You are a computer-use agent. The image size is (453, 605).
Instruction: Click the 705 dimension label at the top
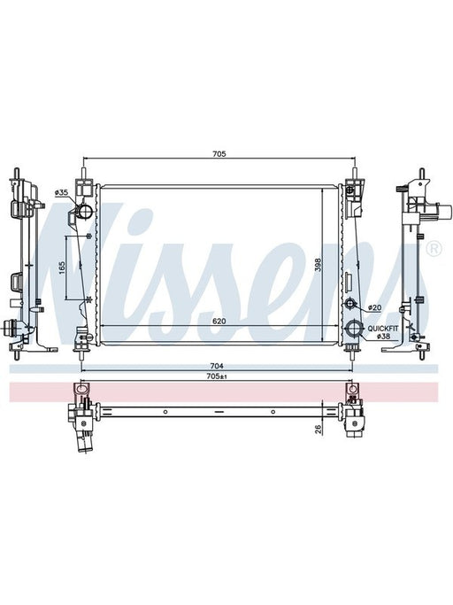[x=219, y=154]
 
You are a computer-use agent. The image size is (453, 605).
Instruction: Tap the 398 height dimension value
[x=318, y=265]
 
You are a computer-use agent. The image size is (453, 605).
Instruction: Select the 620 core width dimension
[x=219, y=321]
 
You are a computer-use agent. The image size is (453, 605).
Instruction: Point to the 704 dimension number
[x=217, y=366]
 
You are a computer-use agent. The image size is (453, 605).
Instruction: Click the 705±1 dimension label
[x=216, y=376]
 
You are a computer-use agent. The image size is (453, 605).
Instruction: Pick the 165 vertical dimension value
[x=62, y=268]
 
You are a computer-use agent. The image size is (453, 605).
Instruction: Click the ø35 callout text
[x=61, y=191]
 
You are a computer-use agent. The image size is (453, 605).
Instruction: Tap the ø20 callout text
[x=374, y=307]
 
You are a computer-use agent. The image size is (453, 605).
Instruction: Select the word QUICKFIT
[x=383, y=329]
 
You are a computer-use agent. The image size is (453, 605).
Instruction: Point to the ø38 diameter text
[x=384, y=337]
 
